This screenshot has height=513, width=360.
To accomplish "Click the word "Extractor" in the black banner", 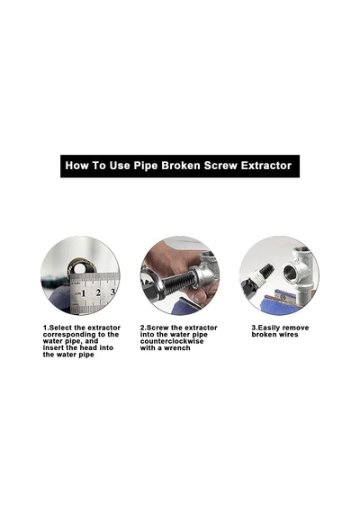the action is tap(266, 166).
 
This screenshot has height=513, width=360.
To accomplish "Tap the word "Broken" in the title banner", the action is tap(180, 166).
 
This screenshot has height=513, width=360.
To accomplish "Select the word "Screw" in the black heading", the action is tap(220, 166).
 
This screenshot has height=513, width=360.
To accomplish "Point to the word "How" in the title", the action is tap(76, 166).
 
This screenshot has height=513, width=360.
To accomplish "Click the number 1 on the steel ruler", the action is tap(84, 293).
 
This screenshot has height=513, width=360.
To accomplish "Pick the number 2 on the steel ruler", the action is tap(98, 292).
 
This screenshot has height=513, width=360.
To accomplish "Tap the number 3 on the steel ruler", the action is tap(112, 292).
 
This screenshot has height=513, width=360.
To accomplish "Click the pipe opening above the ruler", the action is tap(79, 269).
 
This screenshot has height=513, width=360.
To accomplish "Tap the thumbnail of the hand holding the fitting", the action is tap(180, 275).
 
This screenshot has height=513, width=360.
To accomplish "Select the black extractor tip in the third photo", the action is tap(265, 270).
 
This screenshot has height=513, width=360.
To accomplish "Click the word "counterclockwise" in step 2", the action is tap(172, 341).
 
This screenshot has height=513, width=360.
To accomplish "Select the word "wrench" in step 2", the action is tap(177, 348).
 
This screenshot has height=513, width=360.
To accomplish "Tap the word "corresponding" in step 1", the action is tap(69, 335).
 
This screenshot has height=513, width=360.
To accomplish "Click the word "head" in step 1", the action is tap(88, 348).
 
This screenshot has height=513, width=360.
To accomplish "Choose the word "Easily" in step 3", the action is tap(269, 328).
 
